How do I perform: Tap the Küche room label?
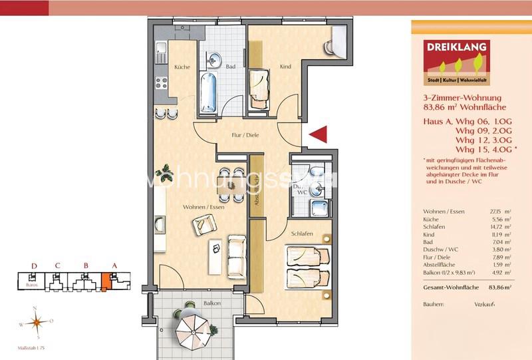(x=182, y=67)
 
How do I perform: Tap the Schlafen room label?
(x=301, y=235)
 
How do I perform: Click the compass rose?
(x=37, y=323)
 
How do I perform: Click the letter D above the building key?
(x=34, y=266)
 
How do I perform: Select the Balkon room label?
(x=213, y=303)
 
